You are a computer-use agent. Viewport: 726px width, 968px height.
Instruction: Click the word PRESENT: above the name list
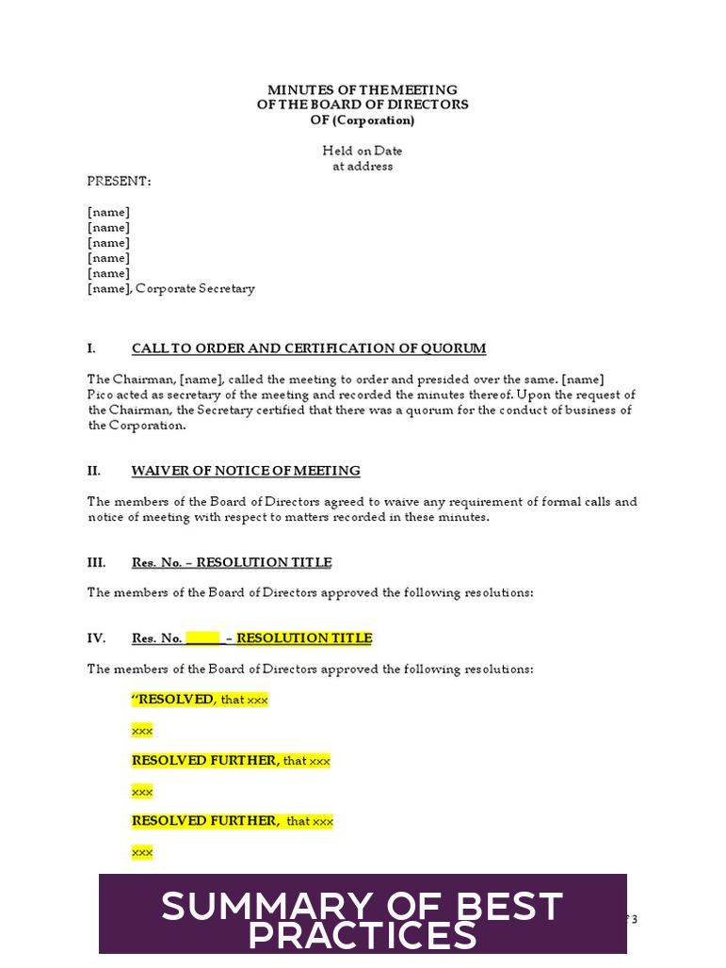point(119,182)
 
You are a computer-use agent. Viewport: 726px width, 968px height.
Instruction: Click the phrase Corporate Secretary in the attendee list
point(195,289)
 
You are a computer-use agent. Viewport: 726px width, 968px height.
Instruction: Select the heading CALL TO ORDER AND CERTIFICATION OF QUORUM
point(309,348)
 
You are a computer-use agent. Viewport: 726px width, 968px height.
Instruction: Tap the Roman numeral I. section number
point(91,348)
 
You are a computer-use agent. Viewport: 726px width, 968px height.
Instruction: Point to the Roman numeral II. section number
point(94,471)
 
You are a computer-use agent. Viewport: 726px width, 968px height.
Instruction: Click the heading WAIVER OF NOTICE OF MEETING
point(246,471)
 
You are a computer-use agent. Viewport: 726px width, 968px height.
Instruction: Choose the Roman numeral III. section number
point(96,563)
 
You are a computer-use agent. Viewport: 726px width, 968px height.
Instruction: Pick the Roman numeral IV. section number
point(96,638)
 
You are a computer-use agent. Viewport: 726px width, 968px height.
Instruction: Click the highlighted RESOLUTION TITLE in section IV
point(304,638)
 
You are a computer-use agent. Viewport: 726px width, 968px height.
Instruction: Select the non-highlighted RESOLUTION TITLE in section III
point(264,563)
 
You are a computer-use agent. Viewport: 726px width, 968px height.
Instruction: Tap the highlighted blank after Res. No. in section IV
point(203,638)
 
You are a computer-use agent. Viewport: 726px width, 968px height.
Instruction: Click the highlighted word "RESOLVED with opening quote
point(173,700)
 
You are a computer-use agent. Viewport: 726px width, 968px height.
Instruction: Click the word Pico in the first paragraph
point(100,395)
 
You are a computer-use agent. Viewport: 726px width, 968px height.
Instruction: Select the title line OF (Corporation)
point(363,121)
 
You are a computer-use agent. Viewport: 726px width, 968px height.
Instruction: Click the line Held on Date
point(363,151)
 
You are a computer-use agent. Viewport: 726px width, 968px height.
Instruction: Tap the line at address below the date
point(363,167)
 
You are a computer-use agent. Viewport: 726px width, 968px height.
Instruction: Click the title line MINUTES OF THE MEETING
point(363,89)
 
